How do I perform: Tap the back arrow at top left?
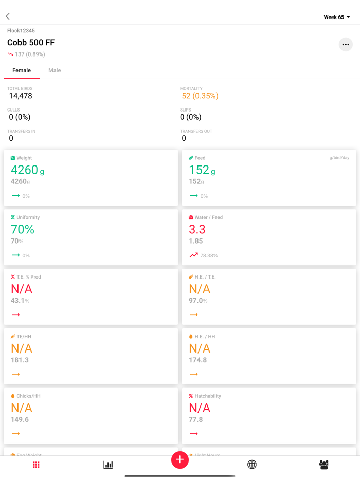tap(8, 16)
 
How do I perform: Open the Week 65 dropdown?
tap(337, 17)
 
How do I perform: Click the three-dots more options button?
tap(346, 45)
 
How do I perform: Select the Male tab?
tap(55, 70)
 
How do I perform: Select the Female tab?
tap(22, 70)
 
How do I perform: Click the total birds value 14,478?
tap(21, 96)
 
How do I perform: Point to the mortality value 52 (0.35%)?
tap(200, 96)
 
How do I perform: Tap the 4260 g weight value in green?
tap(27, 170)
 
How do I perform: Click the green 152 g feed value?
tap(202, 170)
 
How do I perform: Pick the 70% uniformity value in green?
tap(23, 229)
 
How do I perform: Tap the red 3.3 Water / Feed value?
tap(197, 229)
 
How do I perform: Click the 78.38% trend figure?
tap(209, 255)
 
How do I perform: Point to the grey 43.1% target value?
tap(20, 301)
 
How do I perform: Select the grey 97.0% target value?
tap(198, 301)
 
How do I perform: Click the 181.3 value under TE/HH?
tap(20, 360)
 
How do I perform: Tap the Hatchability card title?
tap(207, 396)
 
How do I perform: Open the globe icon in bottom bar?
tap(252, 465)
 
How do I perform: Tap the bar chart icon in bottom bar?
tap(108, 465)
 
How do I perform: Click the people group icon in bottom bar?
tap(324, 465)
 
